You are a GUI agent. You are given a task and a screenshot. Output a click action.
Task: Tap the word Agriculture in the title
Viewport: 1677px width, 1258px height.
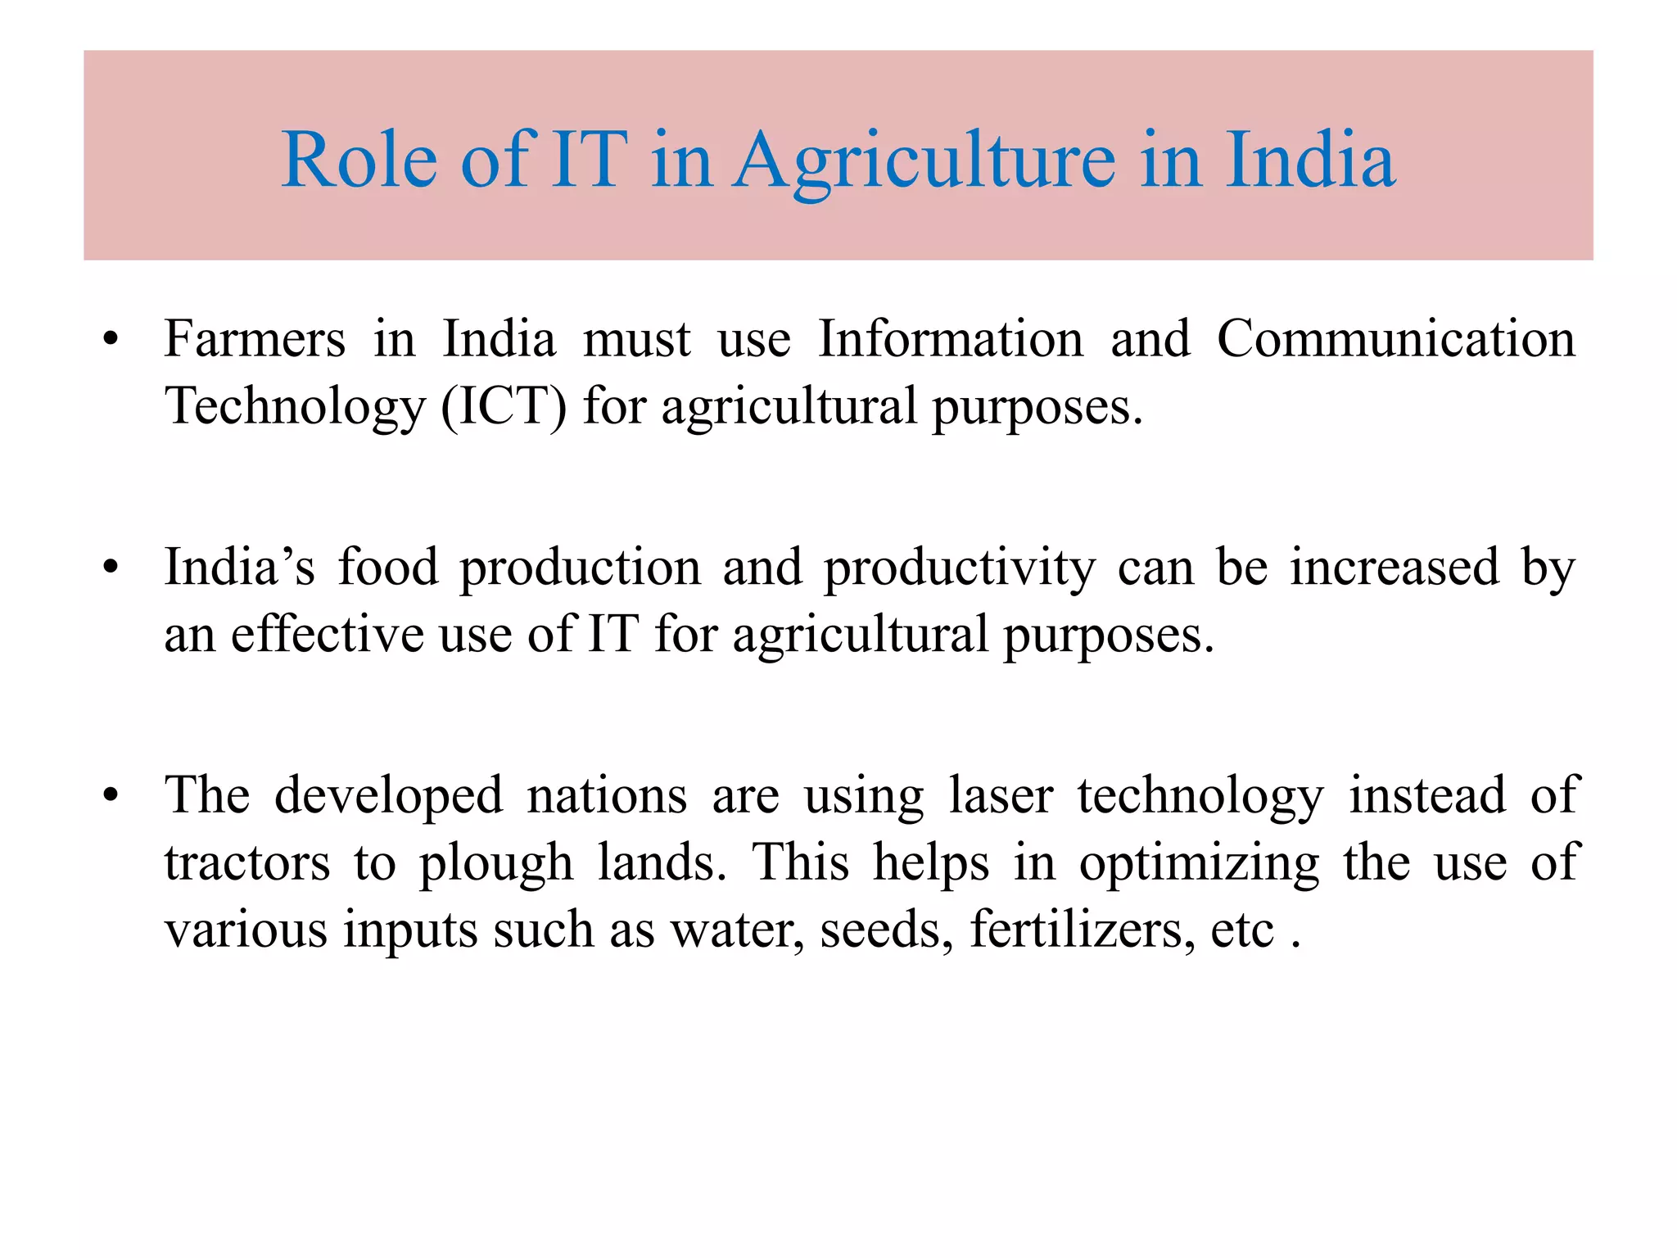point(924,161)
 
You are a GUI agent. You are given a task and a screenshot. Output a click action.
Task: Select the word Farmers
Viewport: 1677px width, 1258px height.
point(255,338)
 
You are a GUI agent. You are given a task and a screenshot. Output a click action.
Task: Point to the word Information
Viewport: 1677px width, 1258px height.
point(951,338)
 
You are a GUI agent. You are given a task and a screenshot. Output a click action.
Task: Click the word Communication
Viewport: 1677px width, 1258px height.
point(1396,338)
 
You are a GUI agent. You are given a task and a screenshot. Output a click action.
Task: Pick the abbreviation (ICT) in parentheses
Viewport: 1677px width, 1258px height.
point(504,406)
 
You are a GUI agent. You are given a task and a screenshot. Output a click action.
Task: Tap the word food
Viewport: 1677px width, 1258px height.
point(388,567)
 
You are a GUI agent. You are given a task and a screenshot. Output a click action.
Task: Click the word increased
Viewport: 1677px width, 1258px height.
point(1394,567)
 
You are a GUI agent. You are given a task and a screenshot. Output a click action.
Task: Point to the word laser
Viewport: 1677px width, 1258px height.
point(1001,795)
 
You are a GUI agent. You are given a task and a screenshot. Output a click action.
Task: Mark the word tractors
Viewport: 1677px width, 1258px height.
point(247,863)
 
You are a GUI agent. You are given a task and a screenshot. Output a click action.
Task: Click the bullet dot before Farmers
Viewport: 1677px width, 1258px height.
point(111,339)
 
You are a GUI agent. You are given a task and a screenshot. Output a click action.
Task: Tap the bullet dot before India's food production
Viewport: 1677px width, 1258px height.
point(111,568)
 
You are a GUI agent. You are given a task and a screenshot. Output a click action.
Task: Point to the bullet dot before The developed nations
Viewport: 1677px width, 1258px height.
point(111,795)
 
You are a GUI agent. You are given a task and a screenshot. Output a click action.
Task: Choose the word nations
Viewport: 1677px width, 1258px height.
point(607,795)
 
